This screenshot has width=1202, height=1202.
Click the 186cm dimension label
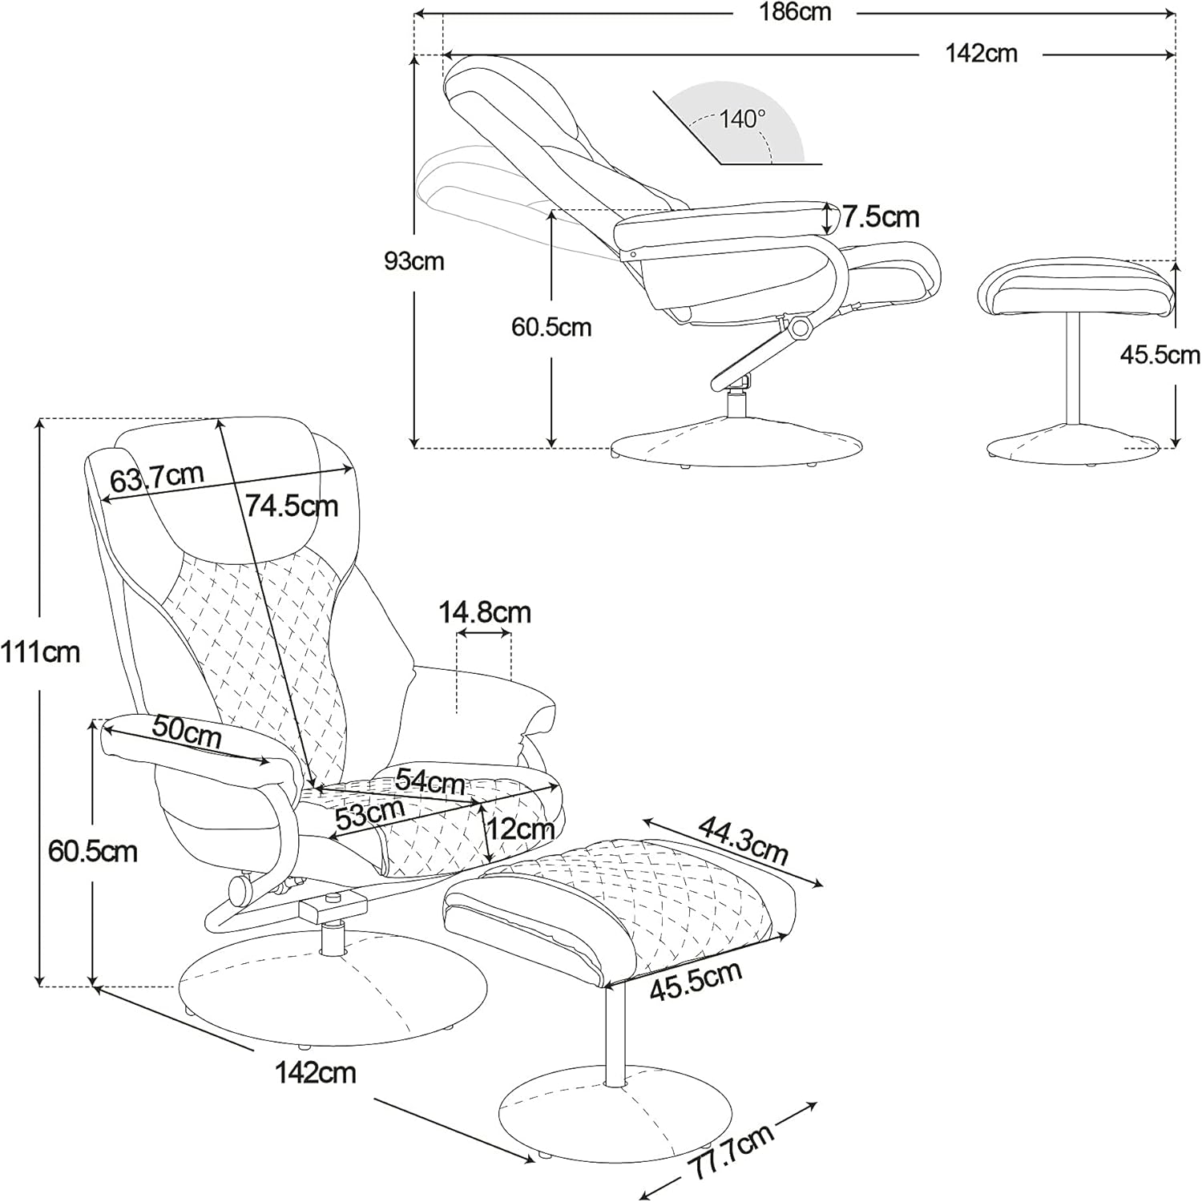point(796,12)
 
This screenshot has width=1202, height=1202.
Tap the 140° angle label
point(742,119)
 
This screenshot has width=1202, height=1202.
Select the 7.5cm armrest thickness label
point(880,216)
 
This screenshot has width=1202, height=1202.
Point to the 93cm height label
point(413,261)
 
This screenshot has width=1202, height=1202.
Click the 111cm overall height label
point(40,652)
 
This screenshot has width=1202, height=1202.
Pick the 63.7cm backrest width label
point(157,478)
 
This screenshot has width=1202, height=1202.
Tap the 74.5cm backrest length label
point(292,506)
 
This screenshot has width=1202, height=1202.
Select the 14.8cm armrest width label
point(485,612)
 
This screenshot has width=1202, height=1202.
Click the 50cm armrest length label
point(187,731)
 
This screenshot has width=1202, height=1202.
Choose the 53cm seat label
point(369,813)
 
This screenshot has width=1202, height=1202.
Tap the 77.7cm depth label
point(732,1151)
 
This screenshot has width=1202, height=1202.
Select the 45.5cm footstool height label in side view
point(1160,355)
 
